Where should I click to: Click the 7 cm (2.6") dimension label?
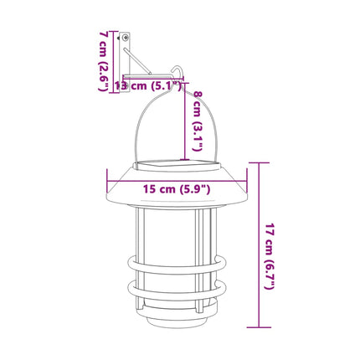click(x=104, y=61)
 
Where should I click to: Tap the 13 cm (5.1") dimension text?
click(x=147, y=85)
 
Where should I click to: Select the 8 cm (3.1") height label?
click(x=198, y=121)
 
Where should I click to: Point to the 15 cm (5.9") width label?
click(x=177, y=189)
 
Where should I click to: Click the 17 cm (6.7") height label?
click(x=270, y=256)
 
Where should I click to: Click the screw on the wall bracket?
click(x=126, y=37)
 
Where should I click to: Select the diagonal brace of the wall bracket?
click(x=137, y=61)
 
